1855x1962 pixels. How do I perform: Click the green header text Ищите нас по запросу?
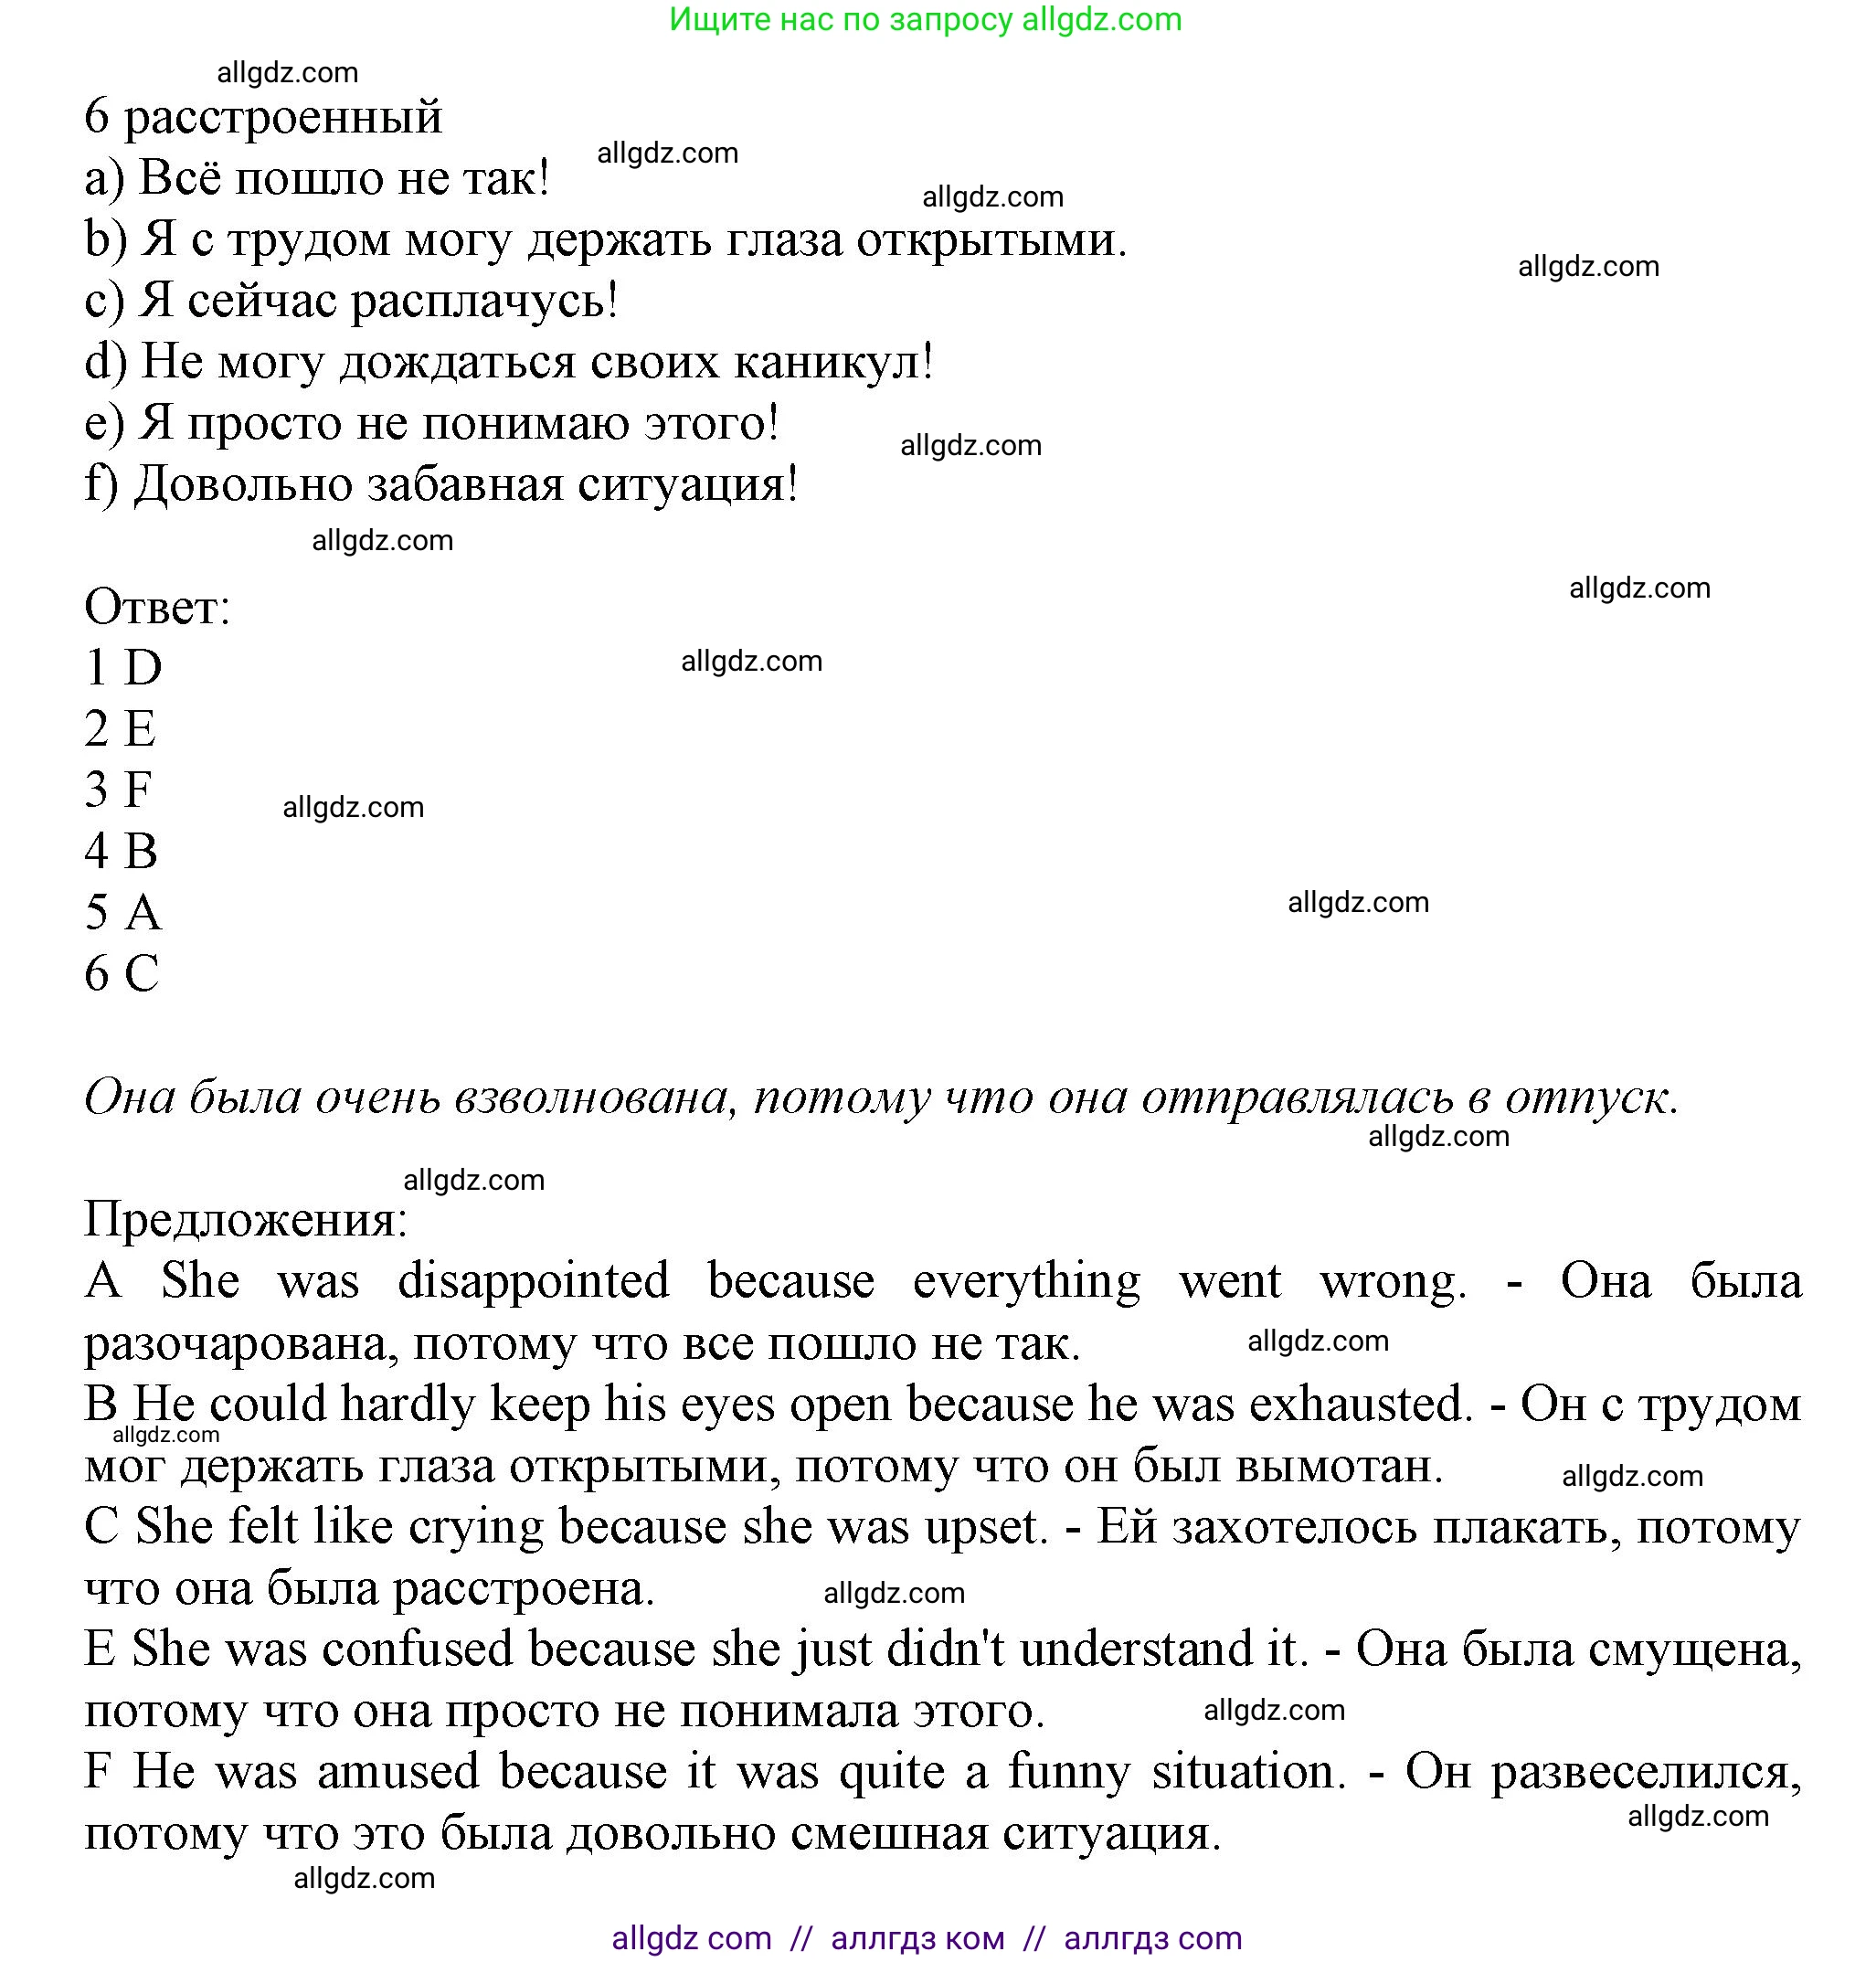click(841, 20)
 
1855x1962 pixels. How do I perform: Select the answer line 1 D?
click(122, 667)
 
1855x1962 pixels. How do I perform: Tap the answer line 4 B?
click(121, 852)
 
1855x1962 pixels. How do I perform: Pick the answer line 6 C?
click(121, 974)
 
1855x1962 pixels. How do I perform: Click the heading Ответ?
click(156, 606)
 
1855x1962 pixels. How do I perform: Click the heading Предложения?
click(245, 1219)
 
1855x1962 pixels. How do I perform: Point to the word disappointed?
click(533, 1281)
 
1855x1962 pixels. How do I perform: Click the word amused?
click(398, 1772)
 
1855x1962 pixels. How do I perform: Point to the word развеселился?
click(1645, 1772)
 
